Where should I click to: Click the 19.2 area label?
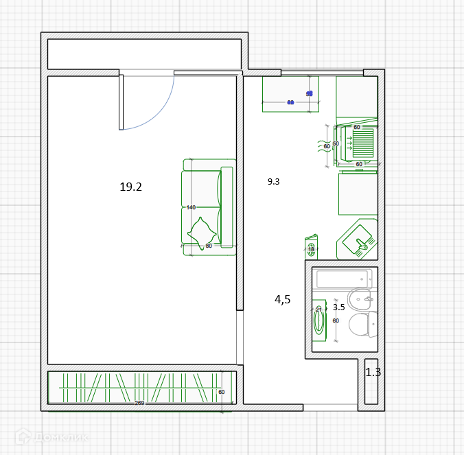coord(130,187)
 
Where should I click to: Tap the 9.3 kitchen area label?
coord(274,182)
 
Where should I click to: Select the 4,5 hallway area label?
coord(283,299)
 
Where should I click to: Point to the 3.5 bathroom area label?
coord(338,307)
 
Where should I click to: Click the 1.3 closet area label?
coord(373,373)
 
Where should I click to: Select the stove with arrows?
coord(357,144)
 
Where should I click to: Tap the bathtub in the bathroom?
coord(342,278)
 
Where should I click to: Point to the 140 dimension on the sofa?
coord(191,207)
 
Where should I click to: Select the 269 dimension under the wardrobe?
coord(139,403)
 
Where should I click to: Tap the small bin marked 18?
coord(311,248)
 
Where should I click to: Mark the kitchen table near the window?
coord(290,93)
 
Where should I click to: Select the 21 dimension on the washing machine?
coord(318,310)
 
